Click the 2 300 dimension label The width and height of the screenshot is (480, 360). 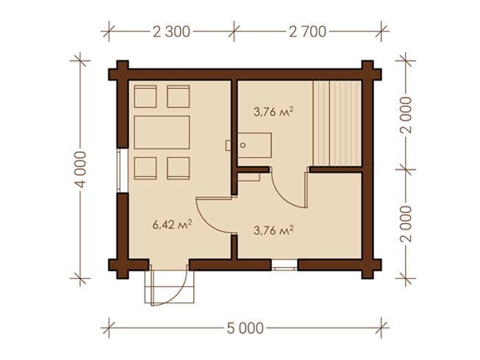click(x=171, y=32)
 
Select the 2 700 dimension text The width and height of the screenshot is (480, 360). click(x=308, y=32)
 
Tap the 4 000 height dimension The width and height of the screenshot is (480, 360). click(x=81, y=169)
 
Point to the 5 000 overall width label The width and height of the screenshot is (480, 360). click(x=245, y=328)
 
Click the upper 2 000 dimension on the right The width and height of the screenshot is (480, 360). click(x=406, y=115)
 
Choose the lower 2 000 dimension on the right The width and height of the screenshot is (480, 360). click(x=406, y=224)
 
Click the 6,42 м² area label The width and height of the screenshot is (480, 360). click(x=172, y=224)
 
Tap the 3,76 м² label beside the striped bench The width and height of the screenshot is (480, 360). click(x=274, y=111)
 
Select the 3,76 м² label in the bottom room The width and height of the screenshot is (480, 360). click(x=274, y=230)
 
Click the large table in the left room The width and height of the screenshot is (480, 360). click(x=162, y=132)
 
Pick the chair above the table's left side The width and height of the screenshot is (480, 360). click(x=145, y=97)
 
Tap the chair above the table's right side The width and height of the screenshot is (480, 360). click(x=178, y=97)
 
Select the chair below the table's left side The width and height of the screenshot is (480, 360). click(x=145, y=169)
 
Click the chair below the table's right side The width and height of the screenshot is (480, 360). click(x=178, y=169)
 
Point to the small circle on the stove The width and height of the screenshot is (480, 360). click(x=243, y=145)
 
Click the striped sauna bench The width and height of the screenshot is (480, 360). click(x=337, y=123)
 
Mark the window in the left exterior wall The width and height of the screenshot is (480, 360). click(x=122, y=171)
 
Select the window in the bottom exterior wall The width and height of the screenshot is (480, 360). click(x=285, y=265)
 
